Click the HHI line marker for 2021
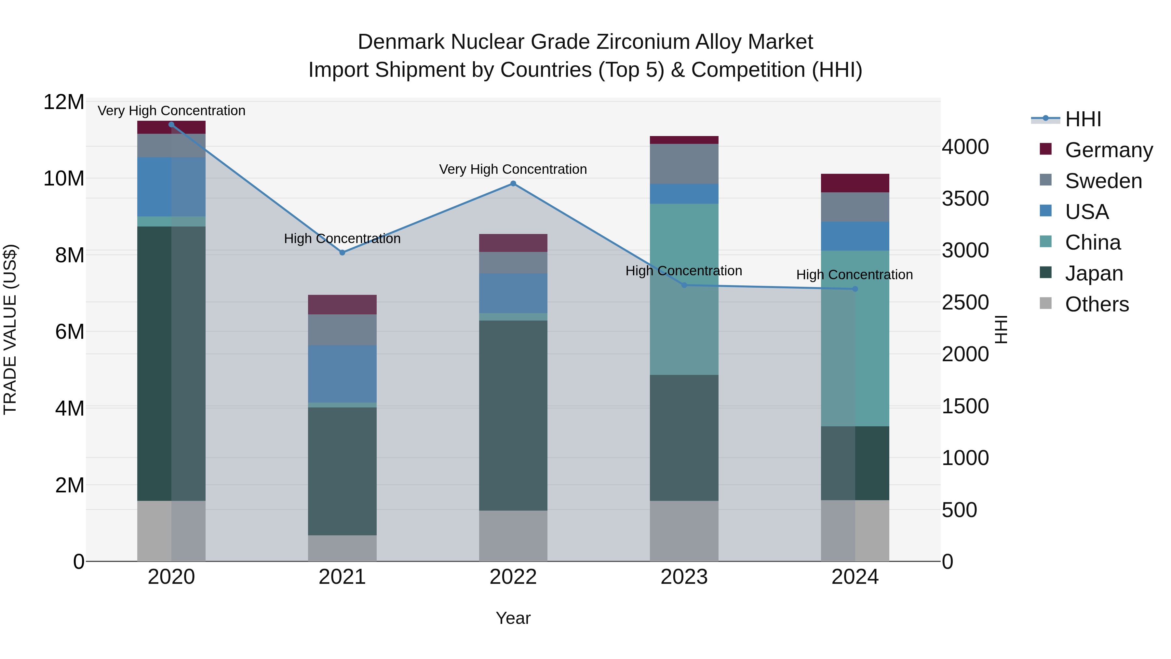(342, 253)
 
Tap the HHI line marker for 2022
(513, 184)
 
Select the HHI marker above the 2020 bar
(171, 125)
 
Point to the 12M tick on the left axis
(64, 102)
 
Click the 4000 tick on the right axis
(965, 147)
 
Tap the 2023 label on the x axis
(684, 577)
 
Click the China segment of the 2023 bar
(684, 289)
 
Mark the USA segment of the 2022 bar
(513, 293)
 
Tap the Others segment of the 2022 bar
(513, 536)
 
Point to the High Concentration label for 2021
(342, 239)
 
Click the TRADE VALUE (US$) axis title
(10, 329)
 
